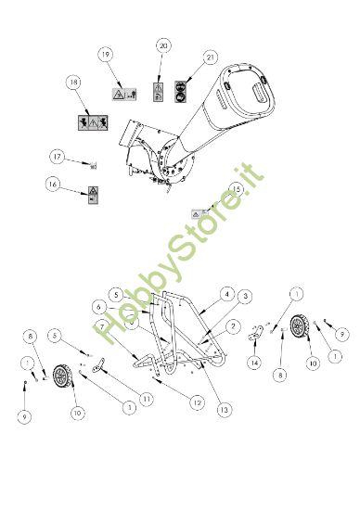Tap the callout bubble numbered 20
[x=164, y=45]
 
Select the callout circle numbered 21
[x=211, y=57]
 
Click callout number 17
[x=57, y=156]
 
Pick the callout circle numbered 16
[x=55, y=185]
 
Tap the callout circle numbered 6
[x=97, y=305]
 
